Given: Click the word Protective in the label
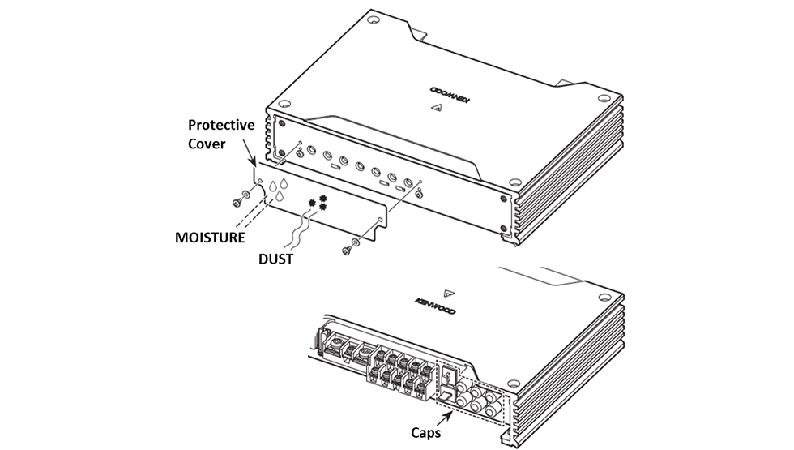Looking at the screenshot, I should click(x=221, y=126).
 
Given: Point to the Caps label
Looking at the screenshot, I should click(x=421, y=433).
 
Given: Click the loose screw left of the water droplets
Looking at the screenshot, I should click(x=241, y=195).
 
